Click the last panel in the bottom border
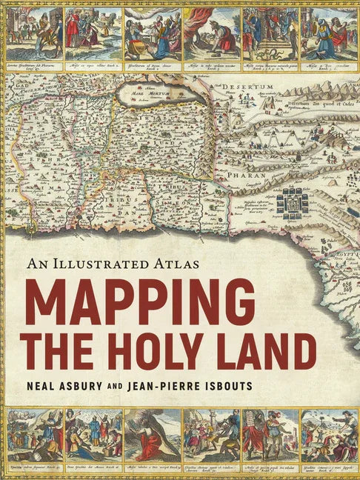tap(328, 436)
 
